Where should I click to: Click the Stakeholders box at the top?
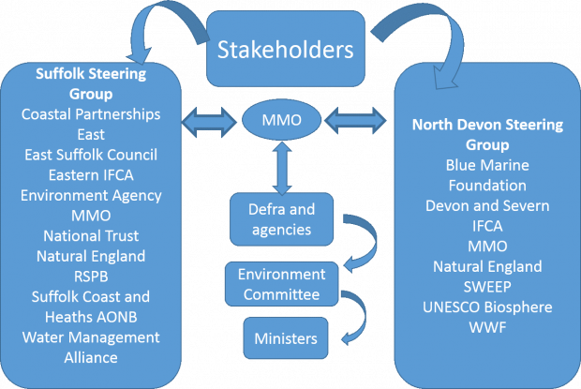coord(285,49)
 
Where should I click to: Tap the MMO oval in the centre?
coord(282,120)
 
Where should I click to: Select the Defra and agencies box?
coord(282,219)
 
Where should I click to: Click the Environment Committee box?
coord(282,284)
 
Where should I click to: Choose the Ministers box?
coord(286,337)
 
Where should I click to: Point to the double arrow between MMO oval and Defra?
coord(282,169)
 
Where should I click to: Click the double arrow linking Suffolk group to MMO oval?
coord(209,122)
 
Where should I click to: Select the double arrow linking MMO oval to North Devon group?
coord(355,121)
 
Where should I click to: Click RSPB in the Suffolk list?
coord(91,277)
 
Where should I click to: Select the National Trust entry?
coord(91,236)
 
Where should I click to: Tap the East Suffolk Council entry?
coord(91,155)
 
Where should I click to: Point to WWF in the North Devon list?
coord(487,327)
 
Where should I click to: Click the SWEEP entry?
coord(487,287)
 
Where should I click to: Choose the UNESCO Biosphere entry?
coord(487,307)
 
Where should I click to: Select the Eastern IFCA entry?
coord(91,175)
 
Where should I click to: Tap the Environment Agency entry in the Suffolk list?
coord(91,196)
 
